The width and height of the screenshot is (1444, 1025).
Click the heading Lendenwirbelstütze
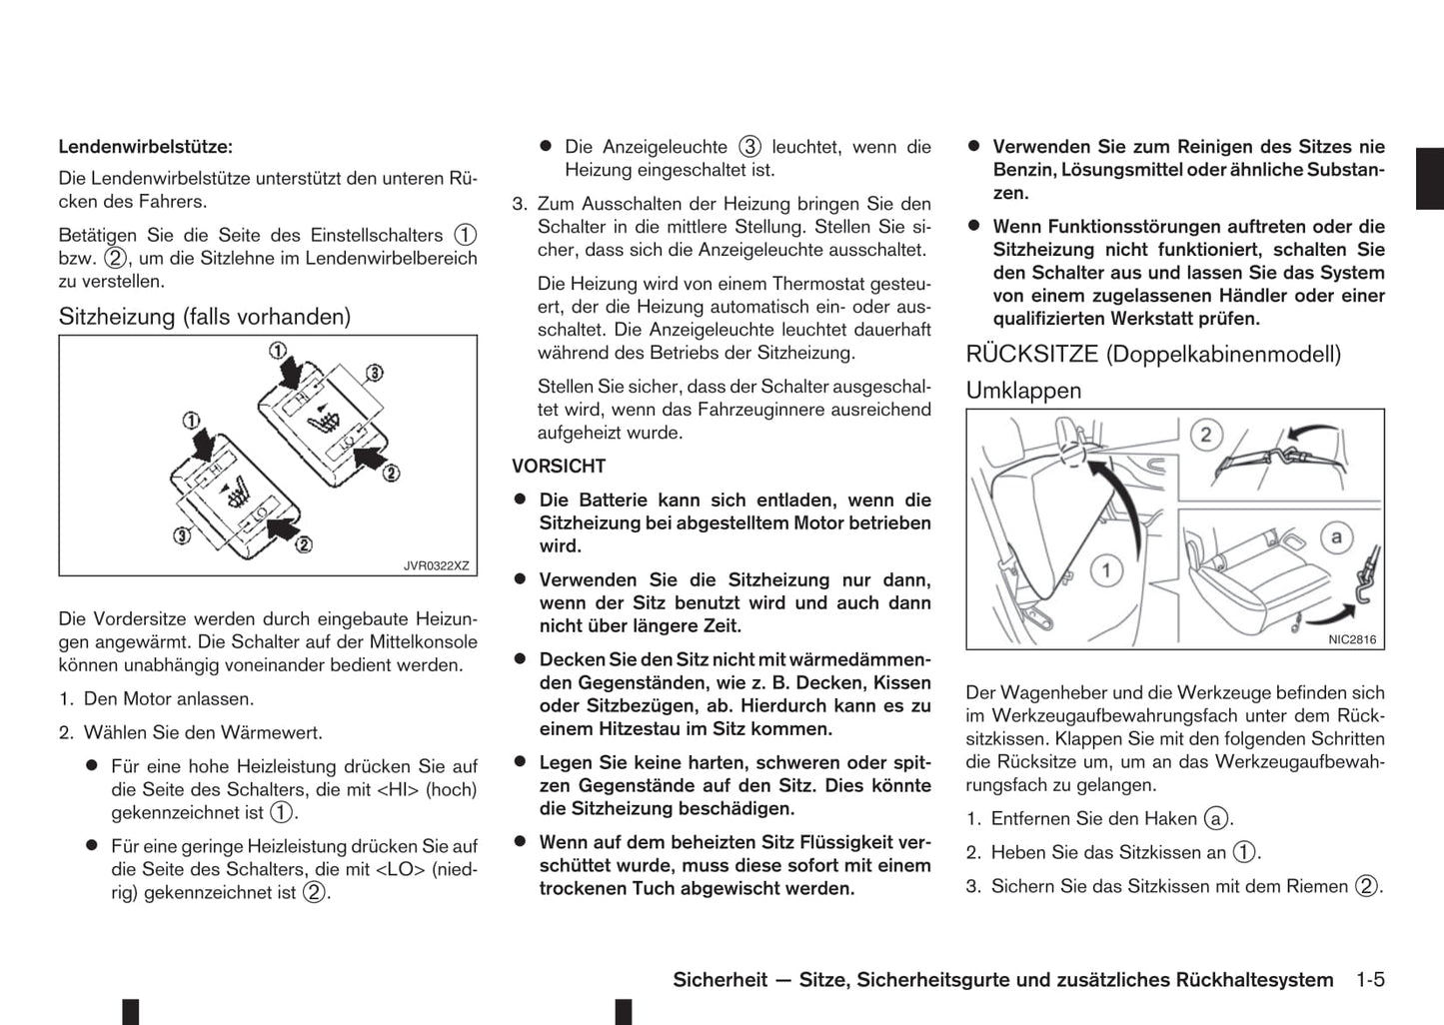pos(145,147)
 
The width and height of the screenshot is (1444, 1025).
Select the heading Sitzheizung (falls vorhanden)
pos(205,317)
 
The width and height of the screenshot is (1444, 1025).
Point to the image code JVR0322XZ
pos(436,565)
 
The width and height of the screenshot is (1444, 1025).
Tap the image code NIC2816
pos(1352,639)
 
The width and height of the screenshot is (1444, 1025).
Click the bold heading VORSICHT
pos(559,467)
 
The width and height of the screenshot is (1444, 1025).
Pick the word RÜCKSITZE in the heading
pos(1032,354)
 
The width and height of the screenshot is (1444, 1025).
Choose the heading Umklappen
pos(1023,391)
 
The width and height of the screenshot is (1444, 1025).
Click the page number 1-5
pos(1370,980)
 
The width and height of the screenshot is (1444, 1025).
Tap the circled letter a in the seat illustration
pos(1336,537)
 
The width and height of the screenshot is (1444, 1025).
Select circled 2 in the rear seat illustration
pos(1205,435)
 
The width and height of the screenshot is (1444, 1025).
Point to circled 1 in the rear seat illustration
pos(1105,570)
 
